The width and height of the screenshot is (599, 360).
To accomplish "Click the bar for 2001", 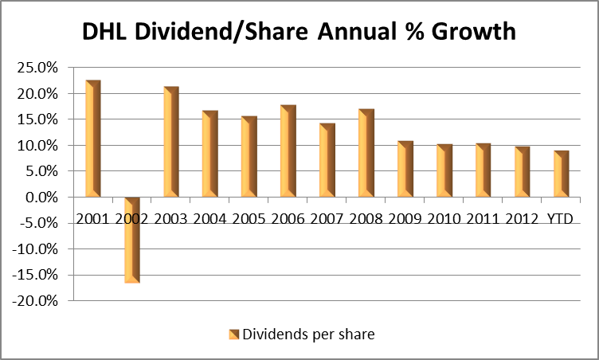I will click(x=93, y=139).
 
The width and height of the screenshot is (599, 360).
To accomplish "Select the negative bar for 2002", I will click(x=132, y=240).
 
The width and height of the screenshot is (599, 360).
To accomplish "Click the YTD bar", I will click(x=562, y=174).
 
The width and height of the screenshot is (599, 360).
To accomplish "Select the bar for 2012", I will click(x=523, y=171).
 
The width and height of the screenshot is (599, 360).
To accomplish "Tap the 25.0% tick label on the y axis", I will click(x=37, y=68).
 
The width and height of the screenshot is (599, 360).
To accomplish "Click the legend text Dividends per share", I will click(x=307, y=335).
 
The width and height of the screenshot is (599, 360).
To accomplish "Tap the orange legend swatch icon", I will click(x=234, y=335).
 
